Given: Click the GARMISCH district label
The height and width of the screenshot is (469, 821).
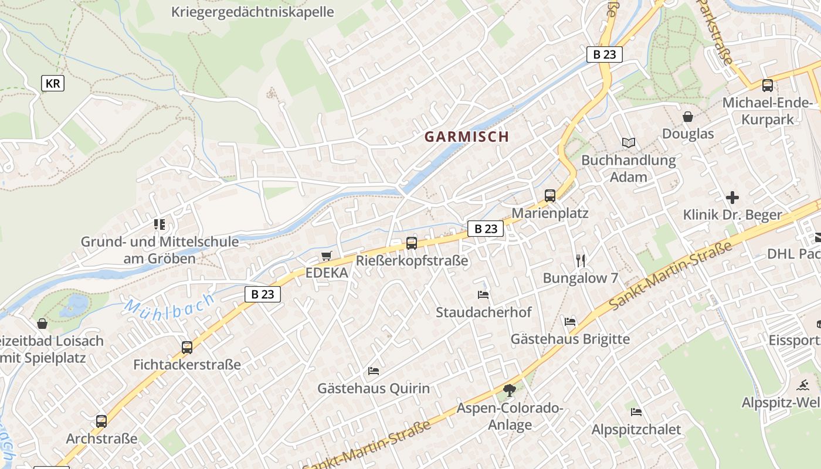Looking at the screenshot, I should pos(467,137).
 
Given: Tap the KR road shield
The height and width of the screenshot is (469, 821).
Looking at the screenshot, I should pos(53,83).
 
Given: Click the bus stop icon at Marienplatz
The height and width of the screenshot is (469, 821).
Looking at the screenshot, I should pos(549,196).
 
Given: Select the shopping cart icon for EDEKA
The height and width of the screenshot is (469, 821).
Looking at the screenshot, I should pos(327,256).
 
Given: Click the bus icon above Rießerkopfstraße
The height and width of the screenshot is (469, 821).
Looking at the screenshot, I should pos(412,243).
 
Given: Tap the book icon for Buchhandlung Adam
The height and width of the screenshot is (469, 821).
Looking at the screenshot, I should pos(629,142).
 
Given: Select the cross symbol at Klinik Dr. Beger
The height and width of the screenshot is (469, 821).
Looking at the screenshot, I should pos(732,198).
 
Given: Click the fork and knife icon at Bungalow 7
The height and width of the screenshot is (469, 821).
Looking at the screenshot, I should pos(581,260).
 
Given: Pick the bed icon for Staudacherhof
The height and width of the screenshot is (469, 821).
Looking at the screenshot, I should pos(483,294).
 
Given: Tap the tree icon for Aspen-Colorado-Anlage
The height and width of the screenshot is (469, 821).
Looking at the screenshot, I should pos(510,390).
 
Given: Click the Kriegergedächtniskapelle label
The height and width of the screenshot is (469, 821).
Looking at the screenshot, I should pos(253,12).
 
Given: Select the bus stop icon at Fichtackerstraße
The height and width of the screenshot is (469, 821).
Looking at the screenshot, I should pos(187,347).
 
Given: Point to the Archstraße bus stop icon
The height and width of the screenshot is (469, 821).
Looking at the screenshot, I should pos(101,421).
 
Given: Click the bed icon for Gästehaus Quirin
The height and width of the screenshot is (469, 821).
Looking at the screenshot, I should pos(373,371).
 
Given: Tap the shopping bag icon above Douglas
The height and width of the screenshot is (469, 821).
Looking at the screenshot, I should pos(688,117).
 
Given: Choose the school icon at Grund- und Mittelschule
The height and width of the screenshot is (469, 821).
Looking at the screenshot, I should pos(160,224).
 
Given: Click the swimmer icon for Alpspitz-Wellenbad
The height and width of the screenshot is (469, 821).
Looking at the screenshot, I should pos(803,385).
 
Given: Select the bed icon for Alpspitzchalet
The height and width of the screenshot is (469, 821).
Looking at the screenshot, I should pos(636,412).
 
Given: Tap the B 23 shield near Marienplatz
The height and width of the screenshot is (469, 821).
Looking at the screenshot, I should pos(486,229).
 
